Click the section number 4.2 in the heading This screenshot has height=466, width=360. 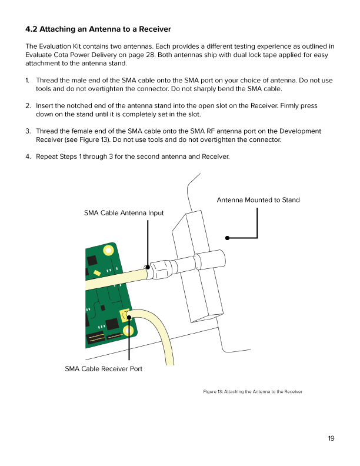(32, 29)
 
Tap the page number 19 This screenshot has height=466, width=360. (331, 438)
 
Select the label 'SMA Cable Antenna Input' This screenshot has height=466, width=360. (124, 212)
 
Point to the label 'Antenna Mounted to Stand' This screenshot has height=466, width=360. (258, 200)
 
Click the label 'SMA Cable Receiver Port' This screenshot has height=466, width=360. (104, 369)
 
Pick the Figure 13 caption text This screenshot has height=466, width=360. (252, 391)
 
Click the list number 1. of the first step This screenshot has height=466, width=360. (28, 80)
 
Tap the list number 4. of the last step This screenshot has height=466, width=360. (28, 157)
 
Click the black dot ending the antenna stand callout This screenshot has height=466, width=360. (227, 238)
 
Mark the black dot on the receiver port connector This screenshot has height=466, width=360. (129, 317)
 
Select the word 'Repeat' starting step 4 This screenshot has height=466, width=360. (49, 157)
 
